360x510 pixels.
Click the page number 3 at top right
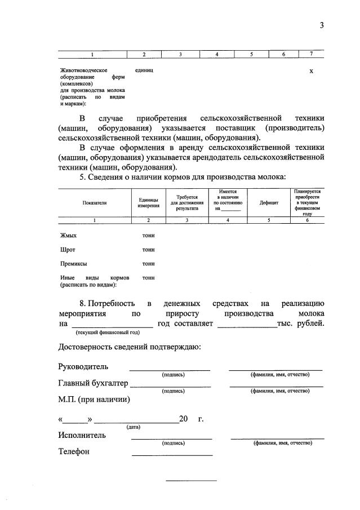click(x=321, y=25)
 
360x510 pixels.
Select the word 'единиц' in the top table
click(x=145, y=70)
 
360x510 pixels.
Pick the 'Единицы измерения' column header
click(x=148, y=202)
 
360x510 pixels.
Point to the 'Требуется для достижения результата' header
click(x=187, y=202)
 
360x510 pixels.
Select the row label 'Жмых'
click(x=68, y=235)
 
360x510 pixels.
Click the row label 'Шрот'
click(x=68, y=249)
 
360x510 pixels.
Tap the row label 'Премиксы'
click(x=73, y=263)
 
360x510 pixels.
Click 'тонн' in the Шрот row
click(x=148, y=249)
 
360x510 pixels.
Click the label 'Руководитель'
click(x=83, y=367)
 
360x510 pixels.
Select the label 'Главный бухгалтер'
click(x=93, y=384)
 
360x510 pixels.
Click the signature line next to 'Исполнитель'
click(x=172, y=438)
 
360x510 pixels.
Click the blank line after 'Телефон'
click(x=172, y=454)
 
